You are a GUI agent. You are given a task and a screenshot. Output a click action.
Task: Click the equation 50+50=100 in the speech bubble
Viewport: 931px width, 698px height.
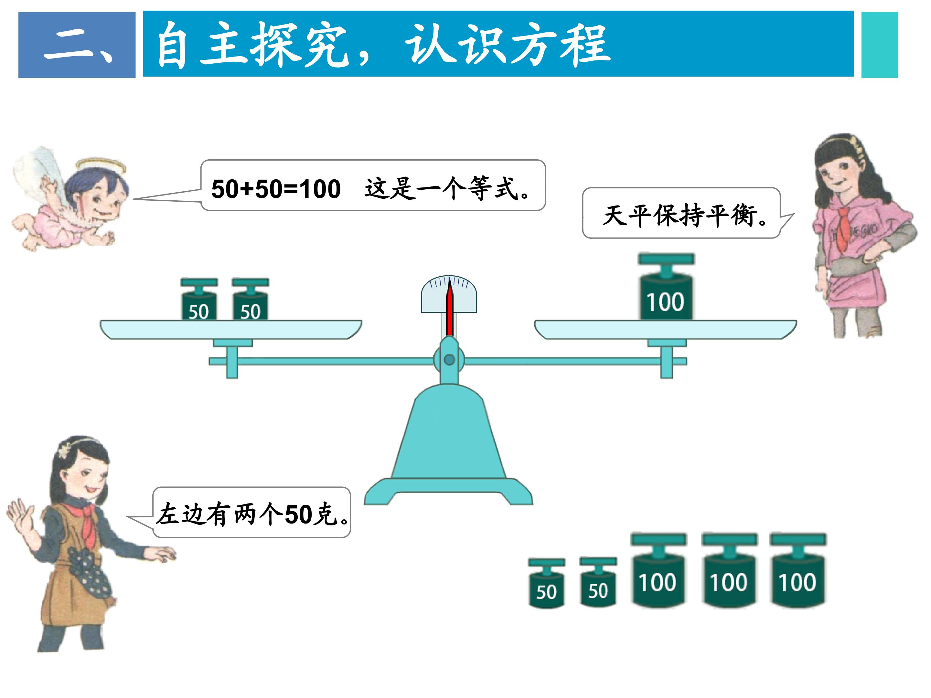[276, 189]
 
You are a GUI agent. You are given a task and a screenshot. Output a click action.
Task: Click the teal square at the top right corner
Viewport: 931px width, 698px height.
[880, 45]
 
